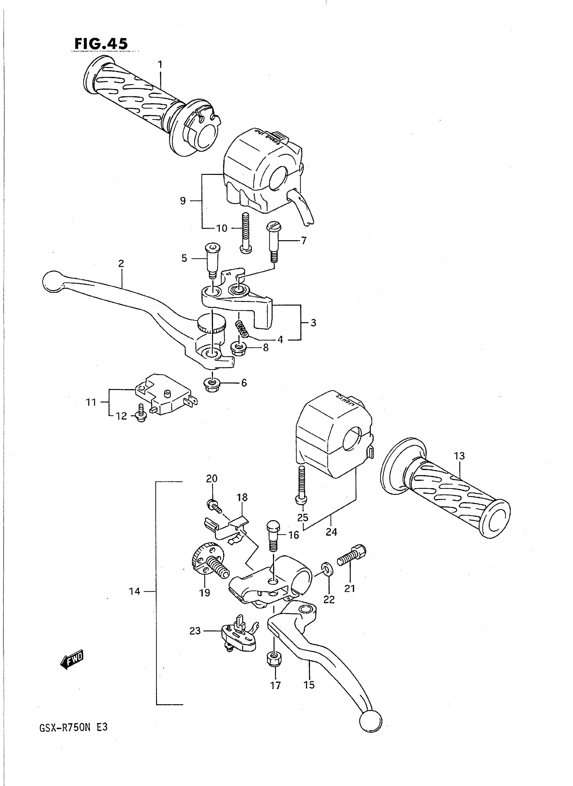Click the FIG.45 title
pos(101,44)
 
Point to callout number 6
pos(244,383)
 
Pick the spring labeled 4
pos(242,328)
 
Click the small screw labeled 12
pos(141,413)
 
